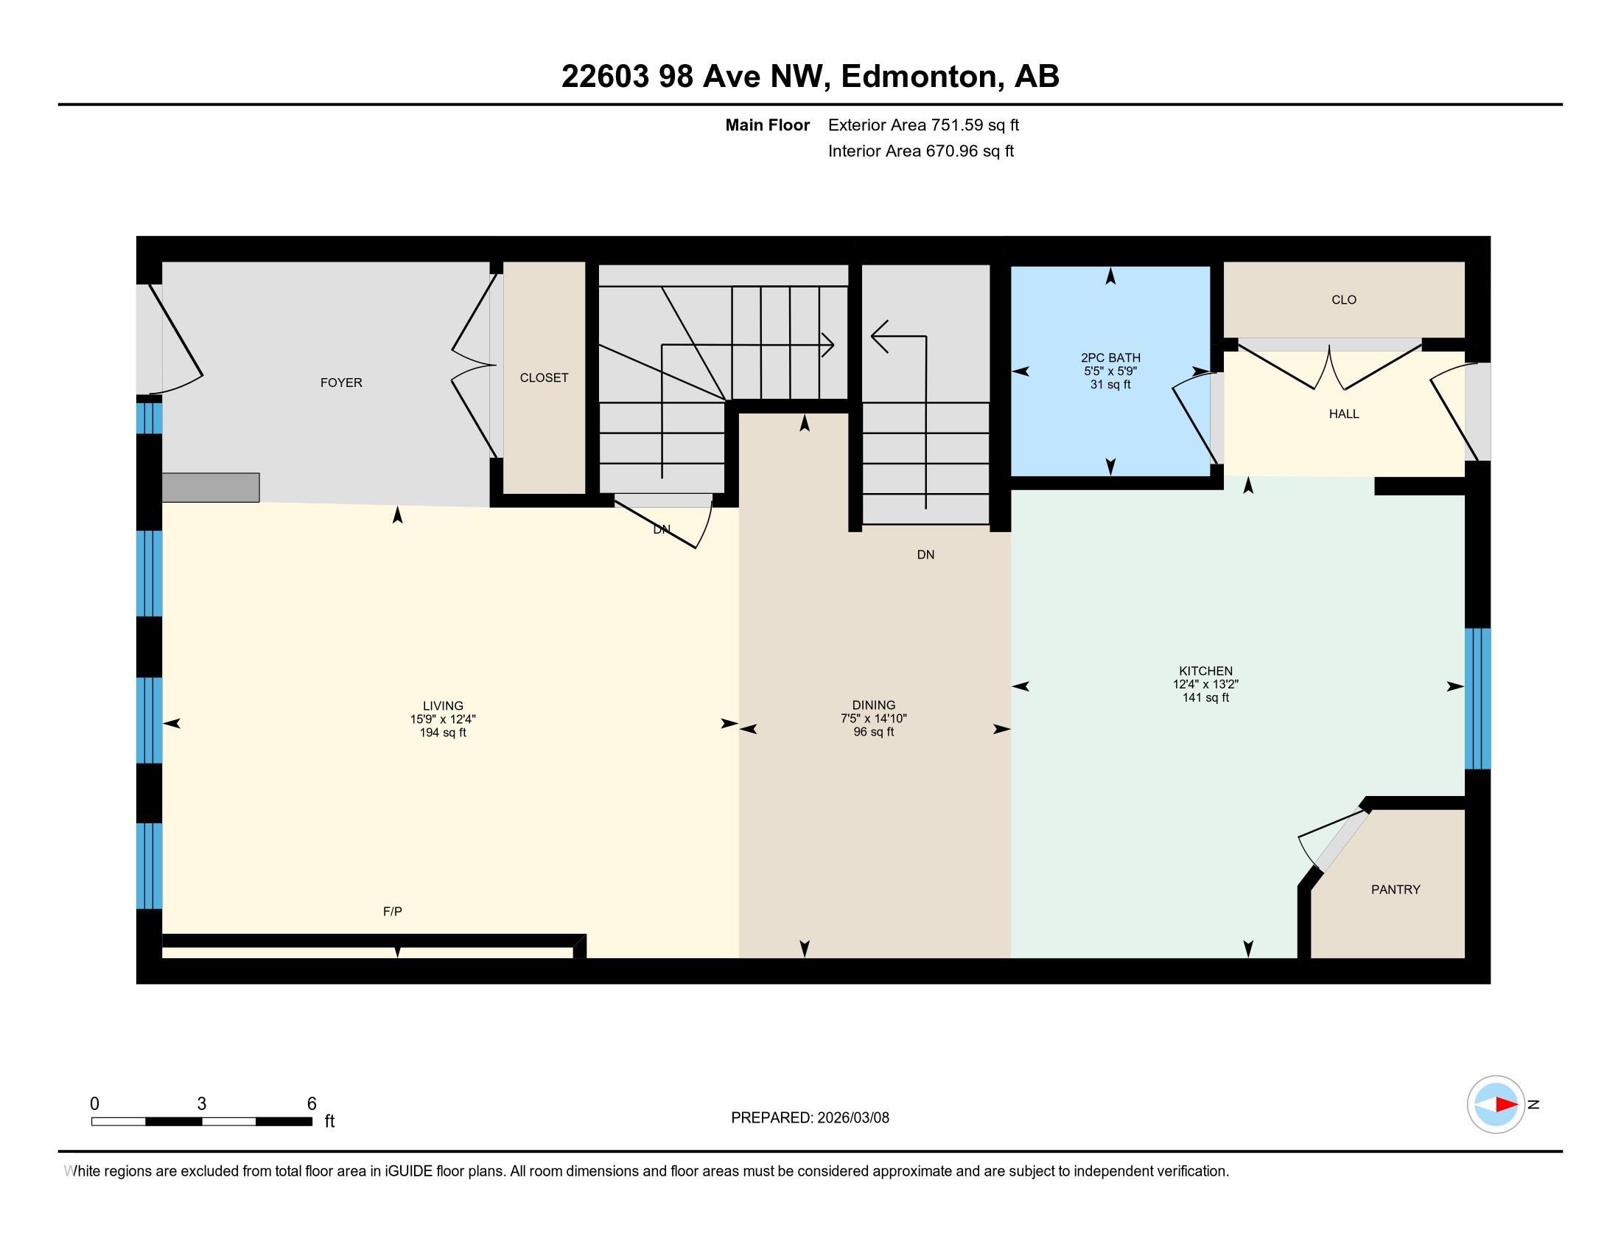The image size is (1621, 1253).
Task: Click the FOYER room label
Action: point(341,383)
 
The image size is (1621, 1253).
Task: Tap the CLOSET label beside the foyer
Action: point(544,377)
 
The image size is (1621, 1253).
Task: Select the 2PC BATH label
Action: point(1110,357)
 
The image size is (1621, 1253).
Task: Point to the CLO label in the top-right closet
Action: point(1344,300)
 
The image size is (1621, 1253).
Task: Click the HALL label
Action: point(1344,413)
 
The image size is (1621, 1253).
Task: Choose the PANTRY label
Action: point(1396,890)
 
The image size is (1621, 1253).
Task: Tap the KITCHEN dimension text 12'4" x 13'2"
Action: point(1205,685)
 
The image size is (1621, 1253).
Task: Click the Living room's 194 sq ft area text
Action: point(443,733)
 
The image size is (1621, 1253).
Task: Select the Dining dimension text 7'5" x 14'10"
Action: point(874,719)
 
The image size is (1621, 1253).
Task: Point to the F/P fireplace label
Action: point(393,911)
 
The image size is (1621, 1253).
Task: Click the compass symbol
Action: point(1496,1104)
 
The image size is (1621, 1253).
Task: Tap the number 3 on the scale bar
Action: point(201,1104)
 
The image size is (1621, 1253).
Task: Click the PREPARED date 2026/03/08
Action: point(852,1118)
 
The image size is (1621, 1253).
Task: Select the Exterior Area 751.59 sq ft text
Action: point(923,125)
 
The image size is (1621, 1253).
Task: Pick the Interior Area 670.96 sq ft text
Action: point(921,150)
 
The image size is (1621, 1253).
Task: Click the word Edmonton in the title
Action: point(918,77)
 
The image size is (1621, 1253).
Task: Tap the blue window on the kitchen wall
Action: point(1477,699)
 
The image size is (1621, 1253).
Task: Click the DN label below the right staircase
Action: point(925,554)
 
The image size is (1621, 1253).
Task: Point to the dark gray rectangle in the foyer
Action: point(211,488)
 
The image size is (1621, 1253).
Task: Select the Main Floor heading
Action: point(768,125)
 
